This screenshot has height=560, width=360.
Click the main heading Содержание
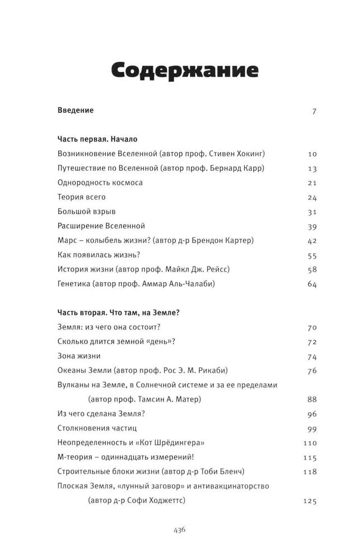point(185,71)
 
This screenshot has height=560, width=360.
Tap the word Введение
point(76,110)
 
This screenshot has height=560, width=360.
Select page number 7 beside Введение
point(314,111)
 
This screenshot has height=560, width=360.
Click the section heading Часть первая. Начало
point(97,139)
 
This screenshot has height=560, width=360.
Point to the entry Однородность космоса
point(100,183)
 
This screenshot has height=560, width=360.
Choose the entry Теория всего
point(82,197)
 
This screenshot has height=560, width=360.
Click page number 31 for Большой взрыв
point(312,212)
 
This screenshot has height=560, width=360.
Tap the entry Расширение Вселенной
point(101,226)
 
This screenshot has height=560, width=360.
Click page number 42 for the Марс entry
point(312,241)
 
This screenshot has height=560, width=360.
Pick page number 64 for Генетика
point(312,284)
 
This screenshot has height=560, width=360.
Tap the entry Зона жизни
point(79,356)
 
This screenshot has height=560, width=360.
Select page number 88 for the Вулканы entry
point(312,399)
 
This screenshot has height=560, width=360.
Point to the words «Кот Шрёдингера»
point(181,442)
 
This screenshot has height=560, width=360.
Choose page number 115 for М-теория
point(310,458)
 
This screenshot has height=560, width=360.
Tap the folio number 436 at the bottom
point(180,529)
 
